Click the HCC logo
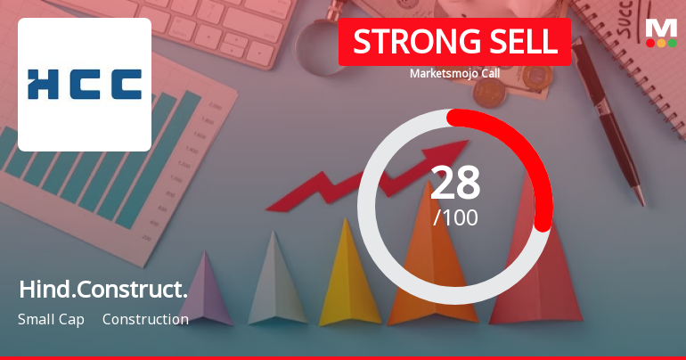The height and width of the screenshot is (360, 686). pyautogui.click(x=85, y=84)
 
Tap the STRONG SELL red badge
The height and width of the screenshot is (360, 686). pyautogui.click(x=454, y=42)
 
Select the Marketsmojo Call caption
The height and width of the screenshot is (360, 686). pyautogui.click(x=454, y=73)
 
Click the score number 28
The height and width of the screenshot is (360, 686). pyautogui.click(x=455, y=184)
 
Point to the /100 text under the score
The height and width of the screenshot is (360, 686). pyautogui.click(x=455, y=217)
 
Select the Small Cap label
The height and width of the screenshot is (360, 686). pyautogui.click(x=51, y=319)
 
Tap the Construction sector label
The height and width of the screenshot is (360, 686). pyautogui.click(x=145, y=319)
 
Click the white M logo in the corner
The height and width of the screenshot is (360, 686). pyautogui.click(x=661, y=27)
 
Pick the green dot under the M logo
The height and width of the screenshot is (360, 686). pyautogui.click(x=673, y=43)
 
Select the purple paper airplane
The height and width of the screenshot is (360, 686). pyautogui.click(x=207, y=290)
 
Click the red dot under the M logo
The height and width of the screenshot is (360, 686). pyautogui.click(x=650, y=43)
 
